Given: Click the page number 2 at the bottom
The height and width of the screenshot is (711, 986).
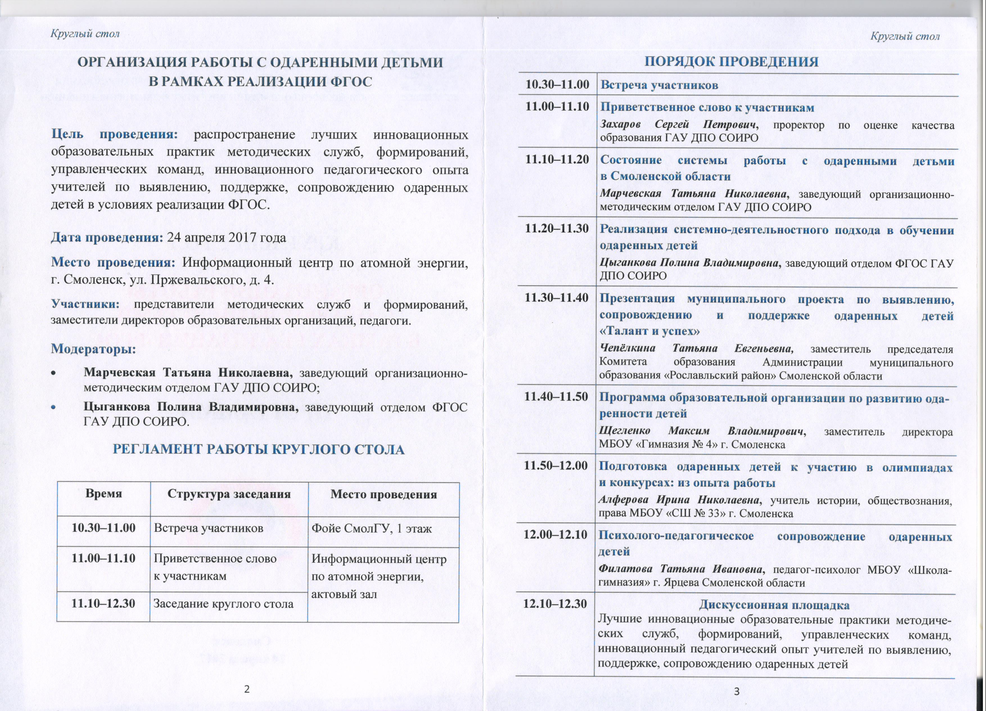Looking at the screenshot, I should click(x=247, y=689).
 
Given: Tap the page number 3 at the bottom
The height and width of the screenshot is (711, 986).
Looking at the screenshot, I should click(x=736, y=691).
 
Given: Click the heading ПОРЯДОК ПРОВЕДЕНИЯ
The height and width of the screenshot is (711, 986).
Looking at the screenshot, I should click(x=731, y=61).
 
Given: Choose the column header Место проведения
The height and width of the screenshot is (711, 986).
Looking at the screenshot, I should click(x=383, y=494).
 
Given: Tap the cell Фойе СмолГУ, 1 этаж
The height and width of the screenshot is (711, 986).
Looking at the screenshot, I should click(x=371, y=528).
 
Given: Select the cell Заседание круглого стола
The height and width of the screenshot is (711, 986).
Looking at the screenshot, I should click(x=224, y=604).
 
